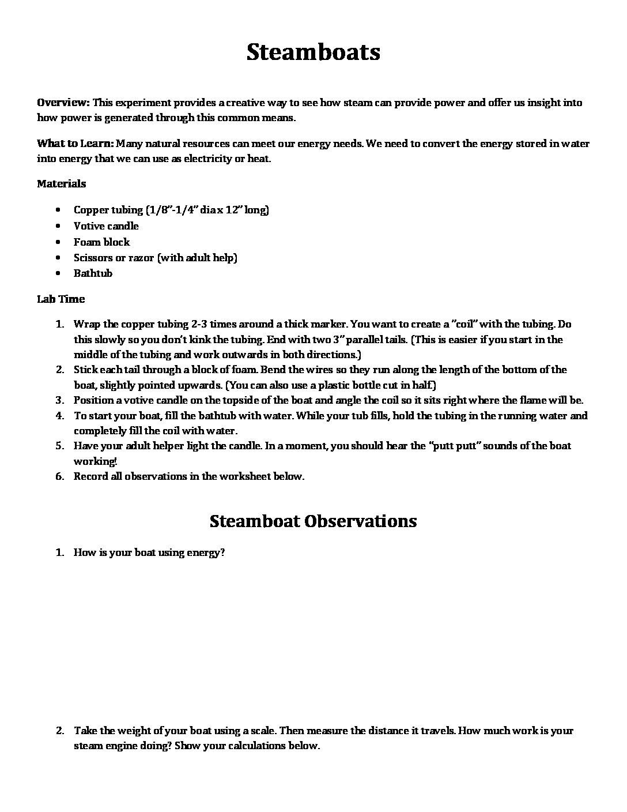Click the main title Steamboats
click(313, 52)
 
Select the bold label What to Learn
click(74, 144)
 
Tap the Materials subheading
click(61, 183)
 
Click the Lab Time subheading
click(61, 299)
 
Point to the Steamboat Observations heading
click(313, 521)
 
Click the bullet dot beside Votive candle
click(60, 226)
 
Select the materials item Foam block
click(101, 242)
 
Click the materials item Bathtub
click(93, 273)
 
